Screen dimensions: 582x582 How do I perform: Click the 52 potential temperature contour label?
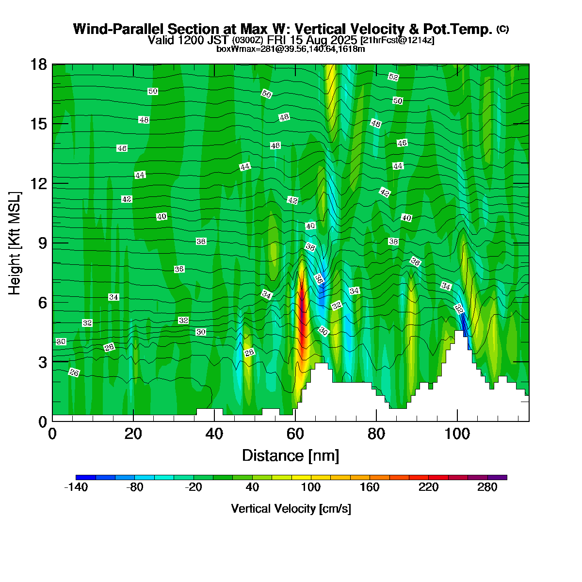[393, 77]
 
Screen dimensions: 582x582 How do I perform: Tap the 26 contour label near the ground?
[74, 372]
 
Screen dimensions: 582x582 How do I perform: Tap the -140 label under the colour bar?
[76, 488]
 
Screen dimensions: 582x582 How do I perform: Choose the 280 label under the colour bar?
[487, 488]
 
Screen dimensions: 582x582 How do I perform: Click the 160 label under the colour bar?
[370, 488]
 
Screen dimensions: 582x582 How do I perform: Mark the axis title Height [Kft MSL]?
[15, 243]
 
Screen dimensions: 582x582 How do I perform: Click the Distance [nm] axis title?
[291, 456]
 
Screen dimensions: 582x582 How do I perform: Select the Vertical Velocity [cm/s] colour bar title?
[291, 509]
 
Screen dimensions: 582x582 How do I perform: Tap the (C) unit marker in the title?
[502, 29]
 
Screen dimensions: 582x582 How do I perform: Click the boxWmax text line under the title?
[291, 48]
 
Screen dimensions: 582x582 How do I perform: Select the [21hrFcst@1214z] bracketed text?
[397, 40]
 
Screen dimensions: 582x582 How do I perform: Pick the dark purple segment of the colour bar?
[497, 478]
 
